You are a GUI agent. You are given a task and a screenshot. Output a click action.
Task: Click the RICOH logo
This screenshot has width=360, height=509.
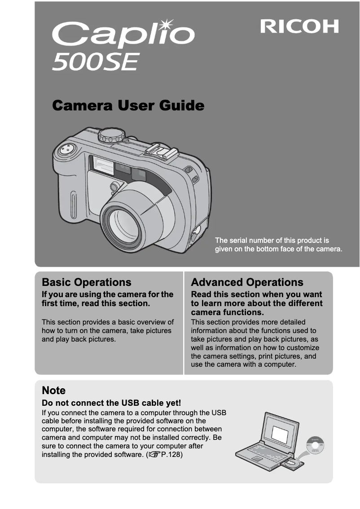tap(299, 26)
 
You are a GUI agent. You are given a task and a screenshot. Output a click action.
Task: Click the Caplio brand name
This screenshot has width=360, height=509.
tap(123, 36)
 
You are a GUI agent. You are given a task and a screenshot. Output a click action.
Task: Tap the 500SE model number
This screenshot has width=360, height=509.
tap(95, 62)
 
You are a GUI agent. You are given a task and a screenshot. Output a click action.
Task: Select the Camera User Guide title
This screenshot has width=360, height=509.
tap(128, 106)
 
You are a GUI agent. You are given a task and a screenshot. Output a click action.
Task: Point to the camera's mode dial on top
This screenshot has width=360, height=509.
tap(111, 134)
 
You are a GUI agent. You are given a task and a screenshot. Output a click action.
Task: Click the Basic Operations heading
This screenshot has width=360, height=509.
tap(87, 282)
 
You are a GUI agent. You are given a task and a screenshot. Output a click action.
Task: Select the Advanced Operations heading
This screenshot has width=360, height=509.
tap(247, 282)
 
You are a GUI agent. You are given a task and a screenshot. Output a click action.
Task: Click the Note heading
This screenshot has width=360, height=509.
tap(53, 390)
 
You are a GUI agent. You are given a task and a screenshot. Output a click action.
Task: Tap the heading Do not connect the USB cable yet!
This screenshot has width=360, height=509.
tap(111, 403)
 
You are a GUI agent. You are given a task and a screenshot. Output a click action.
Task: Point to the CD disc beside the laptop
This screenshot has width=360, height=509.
tap(314, 446)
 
